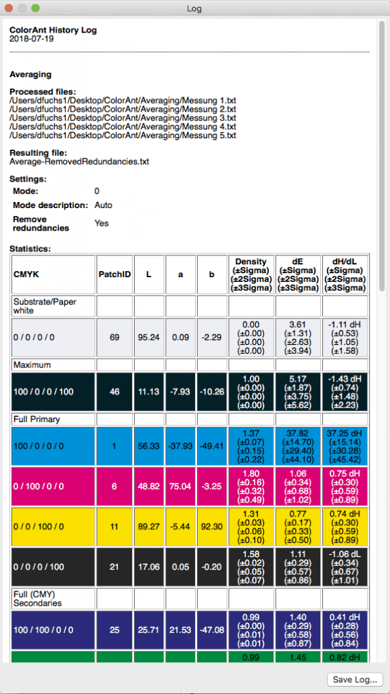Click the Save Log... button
pyautogui.click(x=355, y=679)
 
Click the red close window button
pyautogui.click(x=9, y=8)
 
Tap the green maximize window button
pyautogui.click(x=35, y=8)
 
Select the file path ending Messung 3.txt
pyautogui.click(x=123, y=118)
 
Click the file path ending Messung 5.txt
pyautogui.click(x=123, y=136)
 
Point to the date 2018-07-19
pyautogui.click(x=32, y=39)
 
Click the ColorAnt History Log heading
pyautogui.click(x=53, y=30)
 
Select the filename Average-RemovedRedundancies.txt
pyautogui.click(x=79, y=162)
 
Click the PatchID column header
pyautogui.click(x=114, y=274)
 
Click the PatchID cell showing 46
pyautogui.click(x=114, y=392)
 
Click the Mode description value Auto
pyautogui.click(x=104, y=205)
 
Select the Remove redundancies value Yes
pyautogui.click(x=102, y=223)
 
